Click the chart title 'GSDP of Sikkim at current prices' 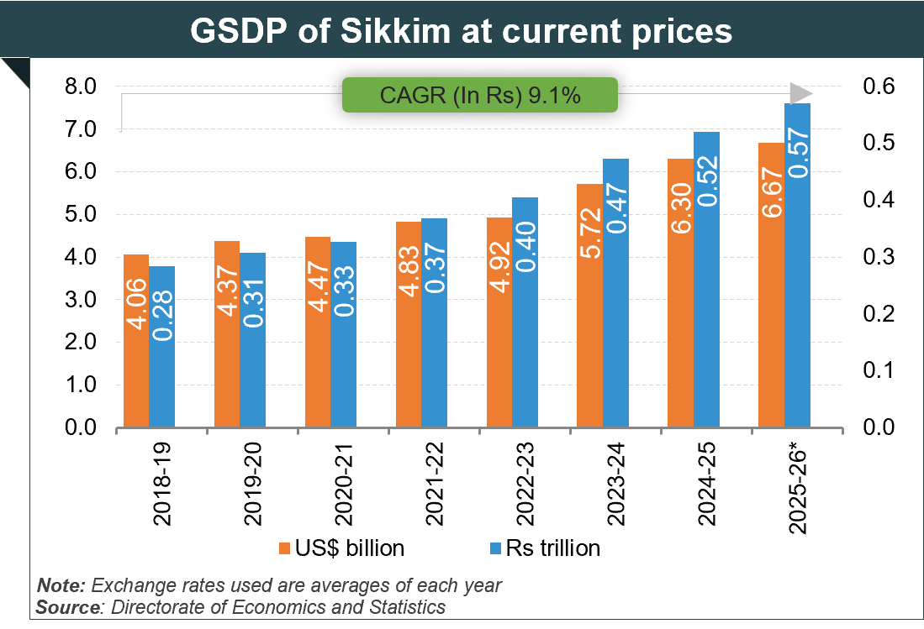click(x=462, y=31)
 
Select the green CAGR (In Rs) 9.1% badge click(x=479, y=95)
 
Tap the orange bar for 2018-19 click(x=136, y=341)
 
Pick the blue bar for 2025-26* click(x=796, y=265)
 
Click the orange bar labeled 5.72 click(x=589, y=306)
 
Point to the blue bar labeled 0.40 click(x=525, y=312)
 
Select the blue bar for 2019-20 click(x=252, y=340)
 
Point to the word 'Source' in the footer click(x=66, y=606)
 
